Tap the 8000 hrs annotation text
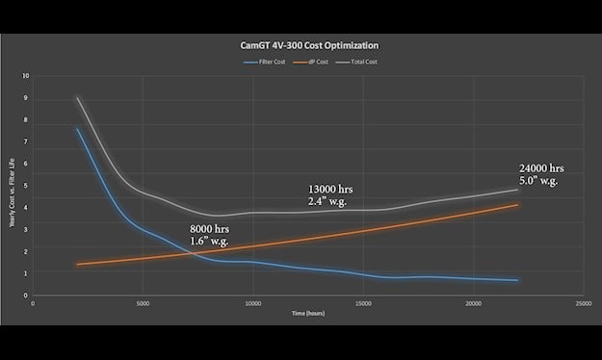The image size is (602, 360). click(212, 230)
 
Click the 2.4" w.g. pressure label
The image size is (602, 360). click(324, 202)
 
